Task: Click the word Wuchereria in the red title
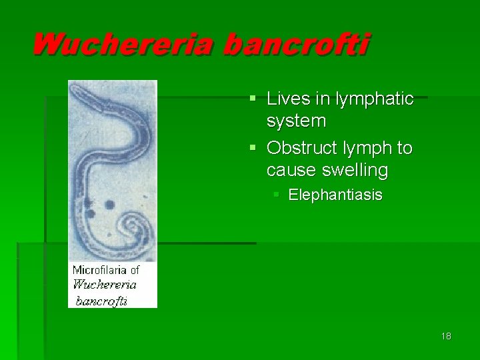(123, 45)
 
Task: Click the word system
(296, 121)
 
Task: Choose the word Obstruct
(304, 148)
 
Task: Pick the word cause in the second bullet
(291, 171)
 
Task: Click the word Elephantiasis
(335, 195)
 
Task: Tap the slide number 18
(446, 336)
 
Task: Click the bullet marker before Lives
(253, 99)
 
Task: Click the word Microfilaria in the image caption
(99, 270)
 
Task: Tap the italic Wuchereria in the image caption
(104, 285)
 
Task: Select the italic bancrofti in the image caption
(101, 300)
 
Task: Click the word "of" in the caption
(135, 270)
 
